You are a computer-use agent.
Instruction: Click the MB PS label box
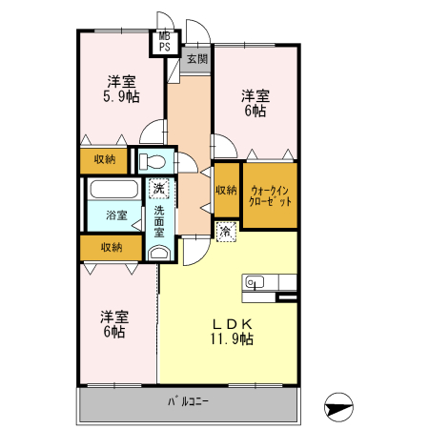pyautogui.click(x=164, y=41)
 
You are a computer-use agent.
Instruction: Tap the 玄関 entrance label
pyautogui.click(x=196, y=59)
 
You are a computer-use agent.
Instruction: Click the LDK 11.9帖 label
pyautogui.click(x=232, y=330)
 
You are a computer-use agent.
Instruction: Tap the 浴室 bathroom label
pyautogui.click(x=116, y=215)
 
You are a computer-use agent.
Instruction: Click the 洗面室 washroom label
pyautogui.click(x=159, y=220)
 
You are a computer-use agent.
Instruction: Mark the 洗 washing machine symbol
pyautogui.click(x=159, y=189)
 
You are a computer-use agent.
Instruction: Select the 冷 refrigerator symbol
pyautogui.click(x=225, y=231)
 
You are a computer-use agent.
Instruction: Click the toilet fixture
pyautogui.click(x=153, y=162)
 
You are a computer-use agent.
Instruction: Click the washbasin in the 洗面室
pyautogui.click(x=159, y=254)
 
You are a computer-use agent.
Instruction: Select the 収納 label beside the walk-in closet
pyautogui.click(x=225, y=190)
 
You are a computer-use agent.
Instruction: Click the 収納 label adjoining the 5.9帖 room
pyautogui.click(x=105, y=159)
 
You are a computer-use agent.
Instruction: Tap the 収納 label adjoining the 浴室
pyautogui.click(x=111, y=248)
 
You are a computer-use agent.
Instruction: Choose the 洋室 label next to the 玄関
pyautogui.click(x=254, y=95)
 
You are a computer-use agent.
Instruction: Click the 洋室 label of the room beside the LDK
pyautogui.click(x=114, y=317)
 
